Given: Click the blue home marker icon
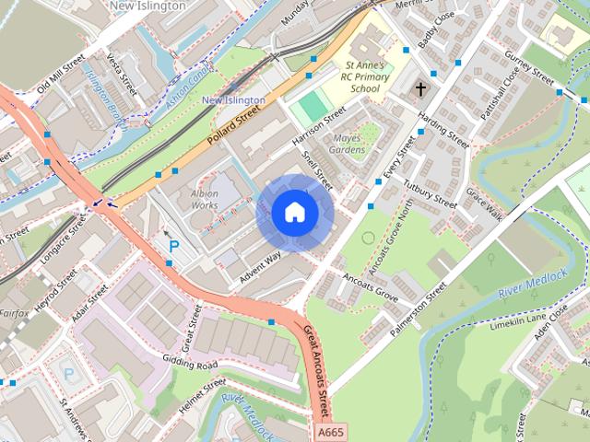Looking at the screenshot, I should click(x=294, y=212).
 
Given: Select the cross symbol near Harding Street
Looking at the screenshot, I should click(x=421, y=89).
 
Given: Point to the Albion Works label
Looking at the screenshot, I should click(x=204, y=199).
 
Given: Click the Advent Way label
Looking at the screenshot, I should click(x=261, y=264).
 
